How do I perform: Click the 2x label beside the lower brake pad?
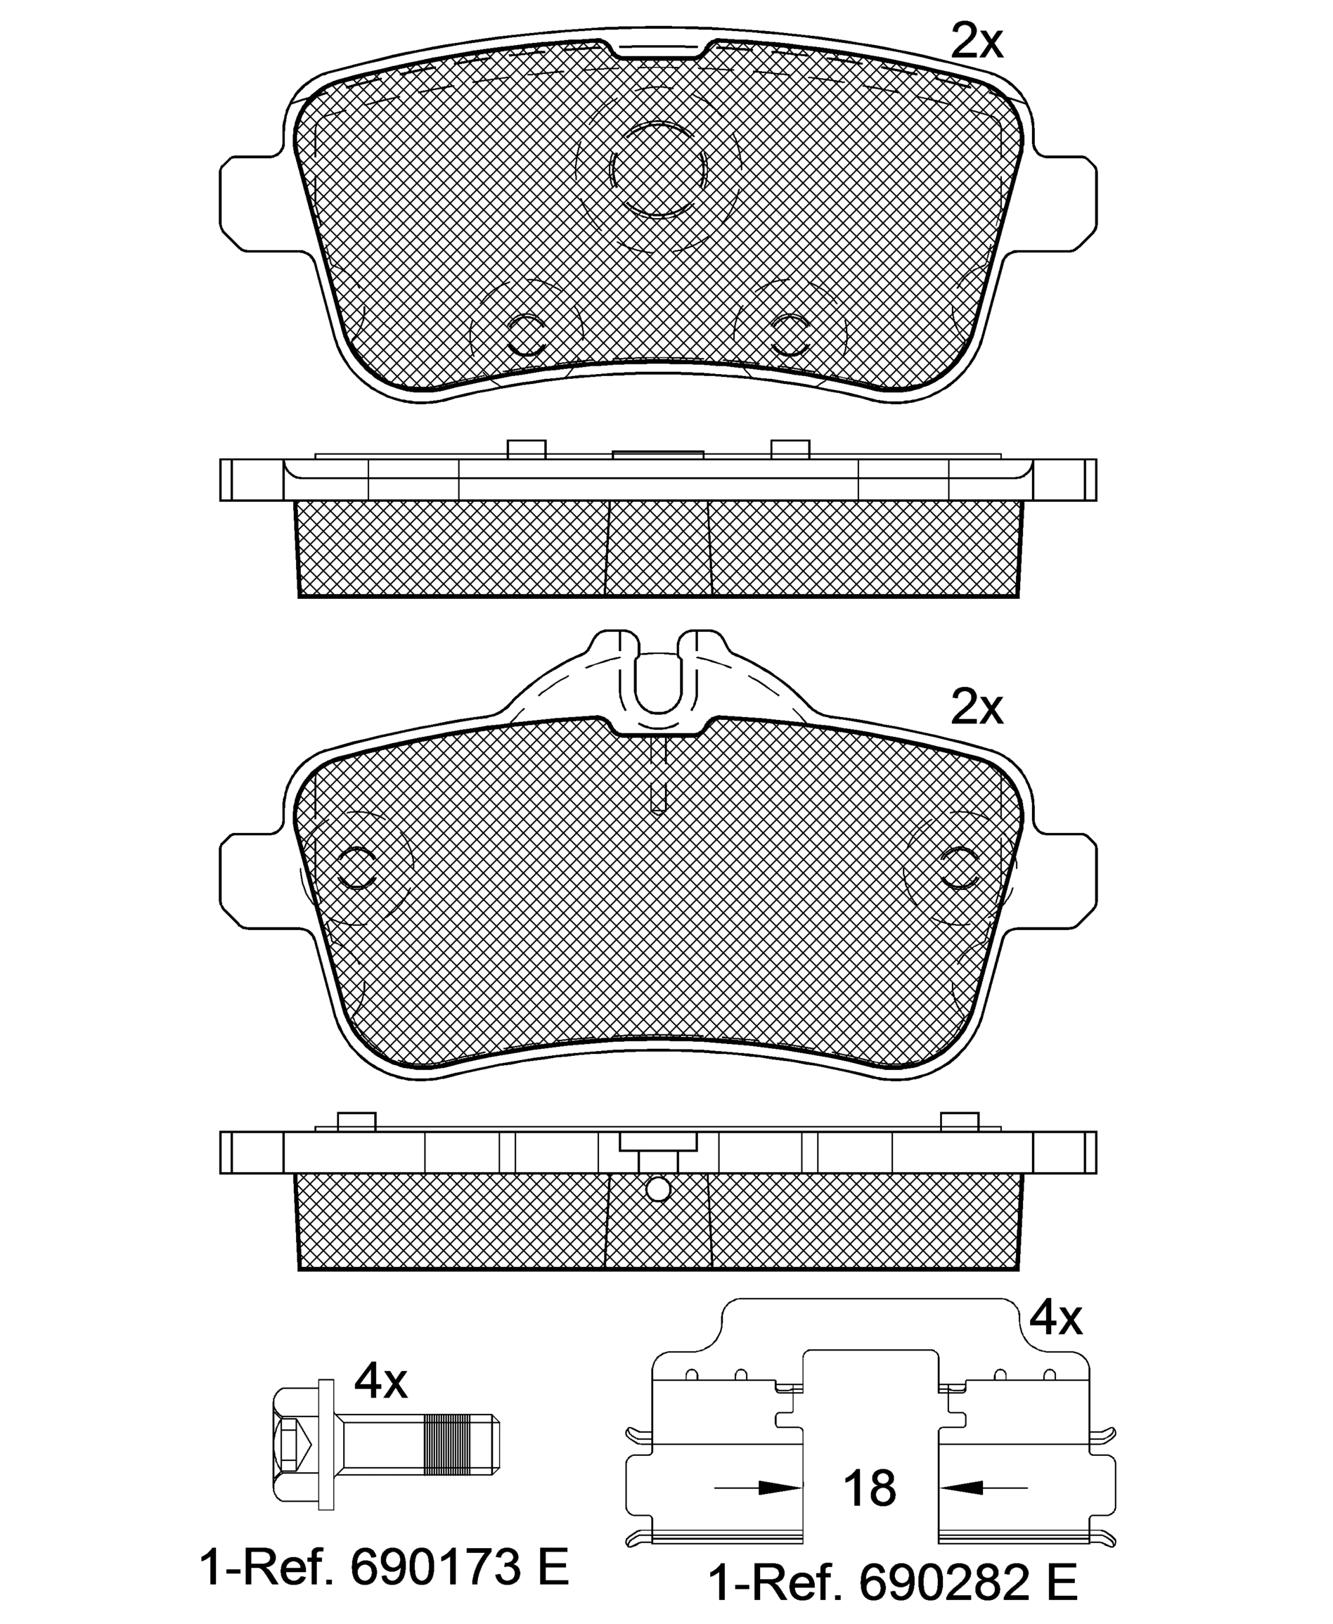(977, 707)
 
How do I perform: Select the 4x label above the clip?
(1055, 1318)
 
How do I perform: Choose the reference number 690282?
(944, 1583)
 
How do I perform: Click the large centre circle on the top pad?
(658, 168)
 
